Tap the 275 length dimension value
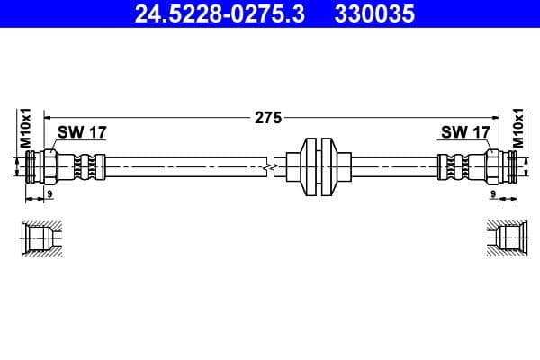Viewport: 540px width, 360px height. click(269, 117)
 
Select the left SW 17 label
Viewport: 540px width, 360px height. click(82, 132)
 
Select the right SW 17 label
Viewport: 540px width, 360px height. click(464, 132)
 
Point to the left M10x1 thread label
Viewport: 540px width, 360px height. click(26, 129)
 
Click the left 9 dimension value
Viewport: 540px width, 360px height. click(50, 193)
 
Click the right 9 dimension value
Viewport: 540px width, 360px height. click(493, 193)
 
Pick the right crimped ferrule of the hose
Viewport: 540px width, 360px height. click(452, 166)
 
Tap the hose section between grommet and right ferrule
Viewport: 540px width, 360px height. click(391, 166)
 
